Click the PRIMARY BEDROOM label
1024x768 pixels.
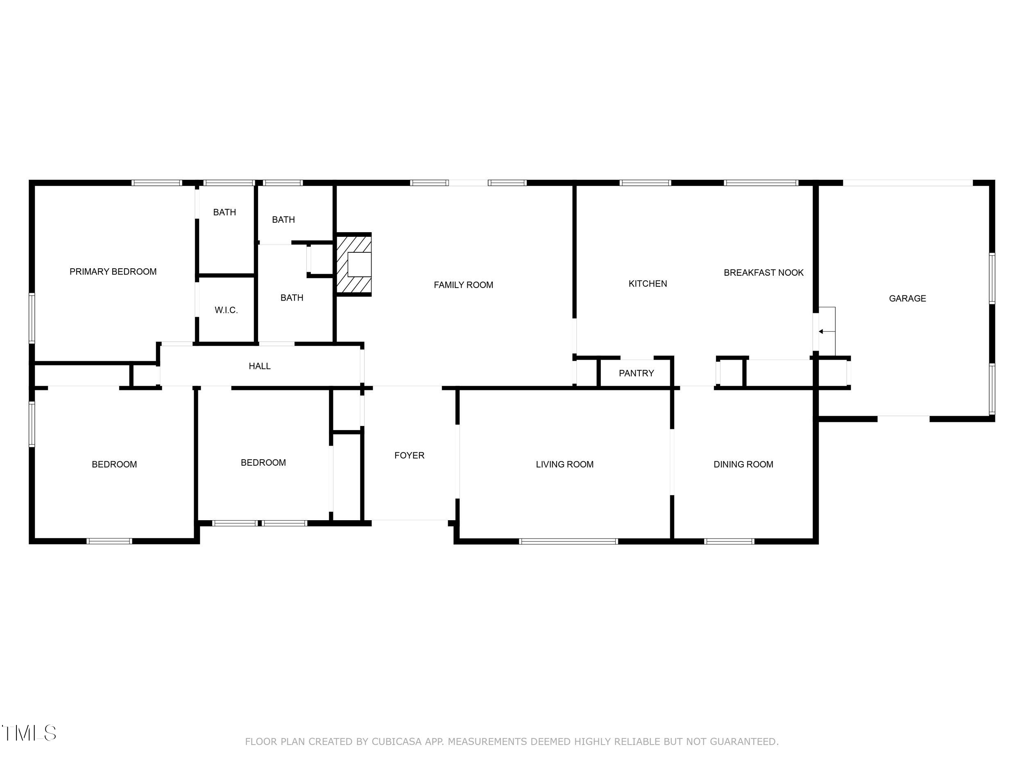coord(113,272)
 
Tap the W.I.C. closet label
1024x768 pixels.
coord(227,310)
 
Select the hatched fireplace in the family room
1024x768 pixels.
coord(353,264)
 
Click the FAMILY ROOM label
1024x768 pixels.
coord(463,285)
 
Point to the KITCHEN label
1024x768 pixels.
coord(648,284)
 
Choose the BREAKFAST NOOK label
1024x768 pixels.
coord(764,273)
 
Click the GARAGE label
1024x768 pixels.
coord(907,299)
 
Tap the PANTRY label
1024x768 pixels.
coord(637,373)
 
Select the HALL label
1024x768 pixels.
coord(260,366)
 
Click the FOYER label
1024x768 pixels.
coord(409,455)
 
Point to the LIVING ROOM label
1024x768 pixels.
coord(565,464)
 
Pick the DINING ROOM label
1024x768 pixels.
coord(743,464)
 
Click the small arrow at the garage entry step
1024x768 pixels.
coord(827,331)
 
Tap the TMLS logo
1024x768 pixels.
coord(29,733)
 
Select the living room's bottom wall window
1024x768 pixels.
coord(569,541)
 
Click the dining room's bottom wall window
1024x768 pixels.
coord(729,541)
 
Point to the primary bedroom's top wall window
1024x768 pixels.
coord(156,183)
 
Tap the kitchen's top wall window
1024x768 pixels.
coord(645,183)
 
